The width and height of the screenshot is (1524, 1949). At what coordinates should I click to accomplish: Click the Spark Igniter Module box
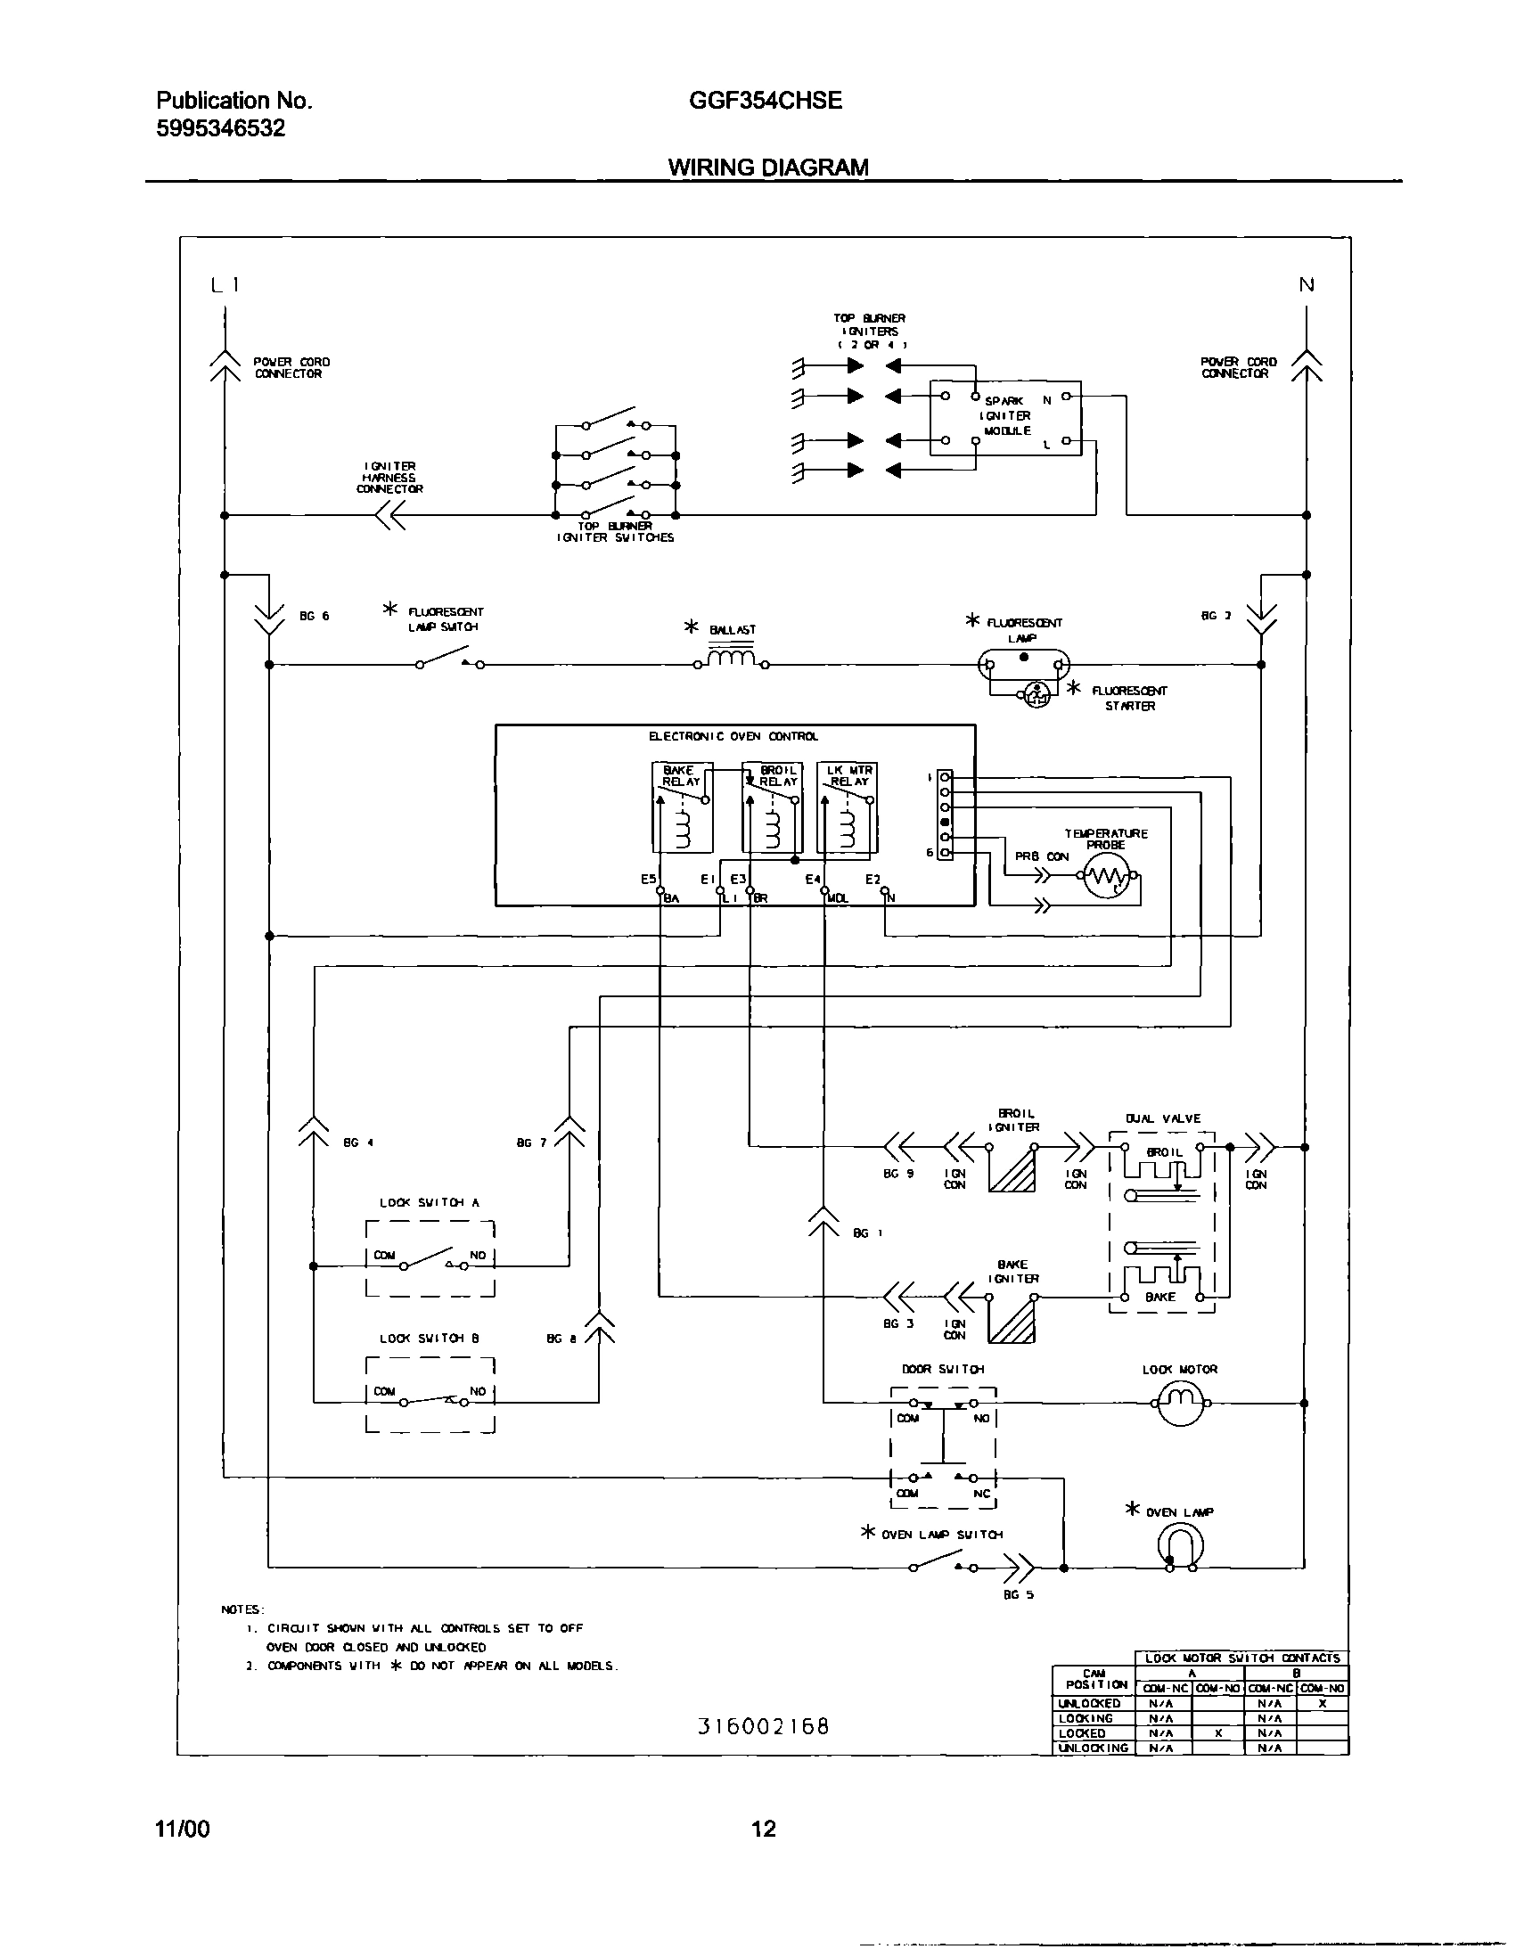1005,418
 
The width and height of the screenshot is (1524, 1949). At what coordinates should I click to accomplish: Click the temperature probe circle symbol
1108,879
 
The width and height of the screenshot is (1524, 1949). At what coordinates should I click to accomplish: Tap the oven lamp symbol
1181,1544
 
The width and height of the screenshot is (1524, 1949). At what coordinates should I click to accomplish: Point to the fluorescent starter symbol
1036,694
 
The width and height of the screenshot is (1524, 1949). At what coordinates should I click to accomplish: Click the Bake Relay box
683,807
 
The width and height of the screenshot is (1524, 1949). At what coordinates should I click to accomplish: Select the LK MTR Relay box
848,807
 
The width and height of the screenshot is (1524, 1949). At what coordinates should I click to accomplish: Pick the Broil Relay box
773,807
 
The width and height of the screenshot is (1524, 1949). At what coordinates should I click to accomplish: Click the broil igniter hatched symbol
1012,1169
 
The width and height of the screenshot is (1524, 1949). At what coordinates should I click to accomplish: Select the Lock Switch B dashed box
430,1395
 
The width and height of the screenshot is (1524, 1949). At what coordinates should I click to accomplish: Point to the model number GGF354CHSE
765,101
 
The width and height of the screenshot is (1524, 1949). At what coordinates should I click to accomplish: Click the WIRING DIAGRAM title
768,167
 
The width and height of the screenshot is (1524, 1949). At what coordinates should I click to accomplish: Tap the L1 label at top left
224,285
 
